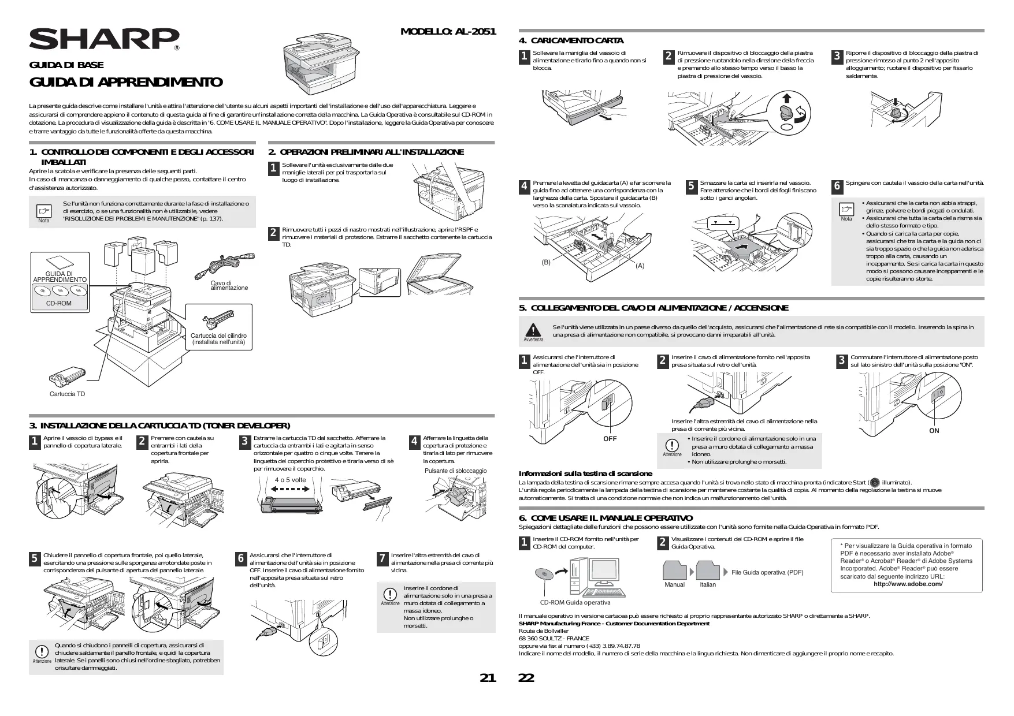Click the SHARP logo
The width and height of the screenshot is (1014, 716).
pyautogui.click(x=104, y=39)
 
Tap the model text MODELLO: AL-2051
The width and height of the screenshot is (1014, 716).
pyautogui.click(x=448, y=31)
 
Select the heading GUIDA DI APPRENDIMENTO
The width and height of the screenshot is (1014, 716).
pyautogui.click(x=126, y=82)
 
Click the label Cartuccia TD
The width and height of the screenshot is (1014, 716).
pyautogui.click(x=67, y=394)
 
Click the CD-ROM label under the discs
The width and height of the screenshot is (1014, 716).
pyautogui.click(x=59, y=303)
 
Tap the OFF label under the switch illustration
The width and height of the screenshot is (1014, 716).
pyautogui.click(x=610, y=439)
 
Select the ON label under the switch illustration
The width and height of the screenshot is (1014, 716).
pyautogui.click(x=934, y=431)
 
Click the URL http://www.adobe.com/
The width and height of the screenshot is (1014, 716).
pyautogui.click(x=908, y=584)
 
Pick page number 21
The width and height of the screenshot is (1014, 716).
pyautogui.click(x=488, y=678)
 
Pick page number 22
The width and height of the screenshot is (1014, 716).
pyautogui.click(x=526, y=678)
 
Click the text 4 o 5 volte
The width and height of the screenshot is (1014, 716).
pyautogui.click(x=291, y=480)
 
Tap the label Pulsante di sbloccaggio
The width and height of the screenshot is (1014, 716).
pyautogui.click(x=455, y=471)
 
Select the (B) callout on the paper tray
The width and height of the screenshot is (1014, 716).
pyautogui.click(x=546, y=262)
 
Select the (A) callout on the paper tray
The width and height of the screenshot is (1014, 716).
pyautogui.click(x=640, y=266)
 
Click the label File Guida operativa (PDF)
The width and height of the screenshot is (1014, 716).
pyautogui.click(x=767, y=572)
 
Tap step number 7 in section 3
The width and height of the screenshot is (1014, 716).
pyautogui.click(x=382, y=558)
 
